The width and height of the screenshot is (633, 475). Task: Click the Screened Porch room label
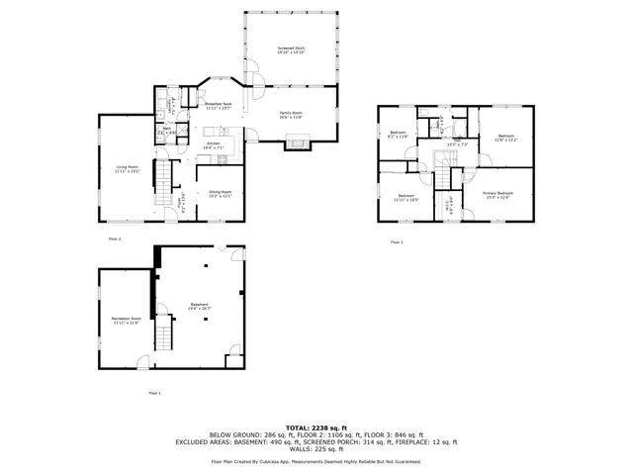291,49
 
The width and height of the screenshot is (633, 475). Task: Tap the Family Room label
291,115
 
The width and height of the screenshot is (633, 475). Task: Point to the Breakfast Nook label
218,105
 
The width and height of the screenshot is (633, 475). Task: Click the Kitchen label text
213,145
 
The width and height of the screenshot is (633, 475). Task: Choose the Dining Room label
220,193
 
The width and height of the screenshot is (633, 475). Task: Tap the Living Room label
127,169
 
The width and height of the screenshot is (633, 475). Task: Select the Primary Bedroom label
497,194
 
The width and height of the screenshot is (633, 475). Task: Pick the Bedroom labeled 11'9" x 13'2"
505,137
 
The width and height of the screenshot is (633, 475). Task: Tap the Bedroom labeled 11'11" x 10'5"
406,198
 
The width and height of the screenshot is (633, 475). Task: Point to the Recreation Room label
126,321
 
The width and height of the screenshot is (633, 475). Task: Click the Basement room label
200,307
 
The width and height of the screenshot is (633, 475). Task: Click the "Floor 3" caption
396,241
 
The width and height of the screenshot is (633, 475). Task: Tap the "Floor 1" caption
153,393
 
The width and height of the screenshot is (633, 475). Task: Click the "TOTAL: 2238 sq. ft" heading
316,427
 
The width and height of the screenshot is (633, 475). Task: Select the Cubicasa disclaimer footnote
316,461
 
